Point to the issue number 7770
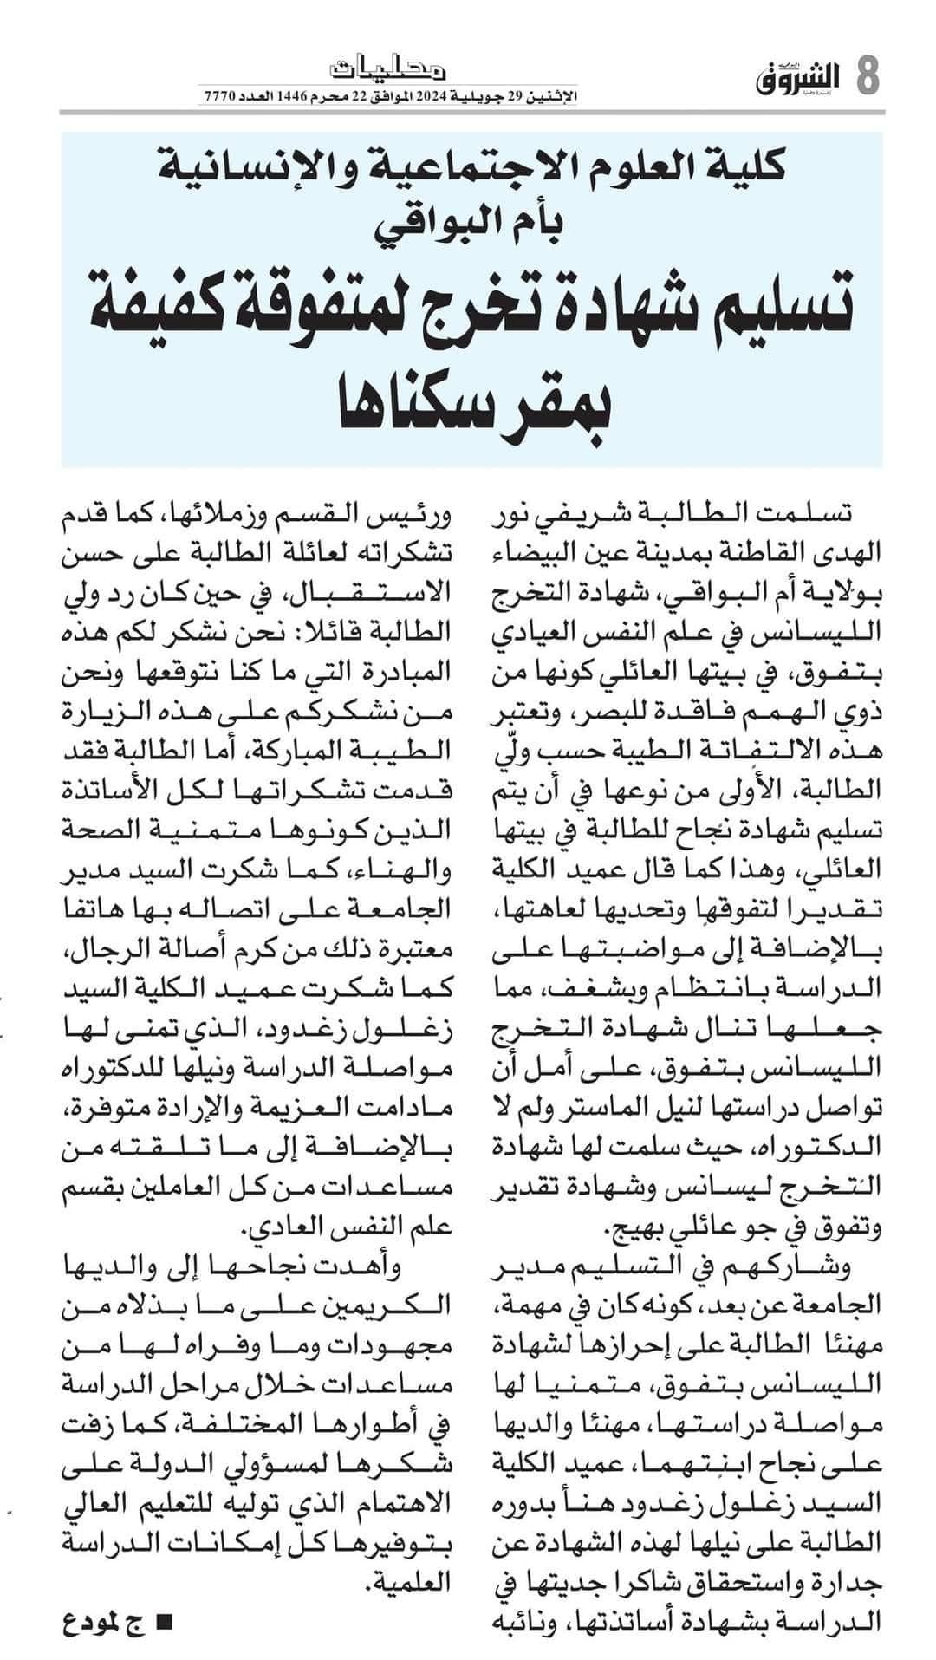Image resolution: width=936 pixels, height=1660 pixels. coord(220,93)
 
